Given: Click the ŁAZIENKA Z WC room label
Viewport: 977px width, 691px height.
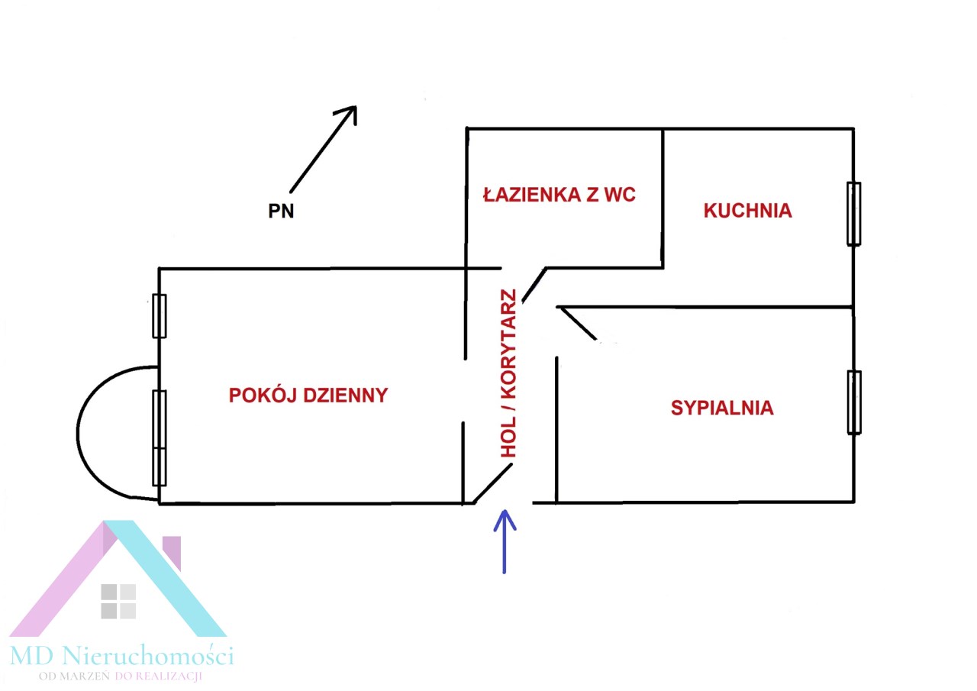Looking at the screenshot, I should (x=559, y=195).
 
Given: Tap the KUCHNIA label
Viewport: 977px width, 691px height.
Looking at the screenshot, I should (x=747, y=211).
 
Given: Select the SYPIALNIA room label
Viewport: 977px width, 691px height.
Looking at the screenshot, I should (x=722, y=408).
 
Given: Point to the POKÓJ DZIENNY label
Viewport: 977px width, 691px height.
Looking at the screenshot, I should (x=308, y=396).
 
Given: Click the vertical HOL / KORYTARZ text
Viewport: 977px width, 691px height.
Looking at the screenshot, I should (x=508, y=374).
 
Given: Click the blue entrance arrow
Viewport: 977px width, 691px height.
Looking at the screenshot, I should (x=505, y=541).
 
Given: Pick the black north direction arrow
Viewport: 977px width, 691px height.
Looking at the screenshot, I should (x=323, y=148).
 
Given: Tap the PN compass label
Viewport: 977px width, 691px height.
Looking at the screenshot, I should (x=281, y=212).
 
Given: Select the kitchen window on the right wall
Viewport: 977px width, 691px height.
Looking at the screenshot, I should (x=853, y=214).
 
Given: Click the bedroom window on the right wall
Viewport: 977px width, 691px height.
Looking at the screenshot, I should (x=854, y=402).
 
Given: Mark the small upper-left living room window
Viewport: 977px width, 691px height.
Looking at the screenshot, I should (x=160, y=315).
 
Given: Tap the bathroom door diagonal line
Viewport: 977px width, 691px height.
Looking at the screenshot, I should (x=534, y=285).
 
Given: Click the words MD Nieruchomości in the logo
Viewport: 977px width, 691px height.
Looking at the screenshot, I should (x=122, y=654).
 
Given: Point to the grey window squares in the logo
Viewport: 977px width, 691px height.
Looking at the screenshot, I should (x=118, y=601).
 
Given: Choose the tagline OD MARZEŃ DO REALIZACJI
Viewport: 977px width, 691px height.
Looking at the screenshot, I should (x=125, y=676).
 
